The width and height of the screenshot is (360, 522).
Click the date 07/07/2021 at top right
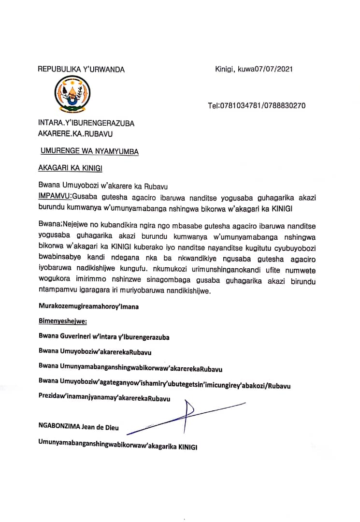pos(274,69)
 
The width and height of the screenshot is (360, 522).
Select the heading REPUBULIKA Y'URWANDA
pos(81,69)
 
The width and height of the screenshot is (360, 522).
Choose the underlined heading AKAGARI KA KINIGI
pos(71,168)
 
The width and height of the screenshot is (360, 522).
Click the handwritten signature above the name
pos(186,414)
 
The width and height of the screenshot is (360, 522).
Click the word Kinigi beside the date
pos(224,69)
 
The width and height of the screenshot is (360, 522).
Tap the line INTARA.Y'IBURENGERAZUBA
pos(86,123)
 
